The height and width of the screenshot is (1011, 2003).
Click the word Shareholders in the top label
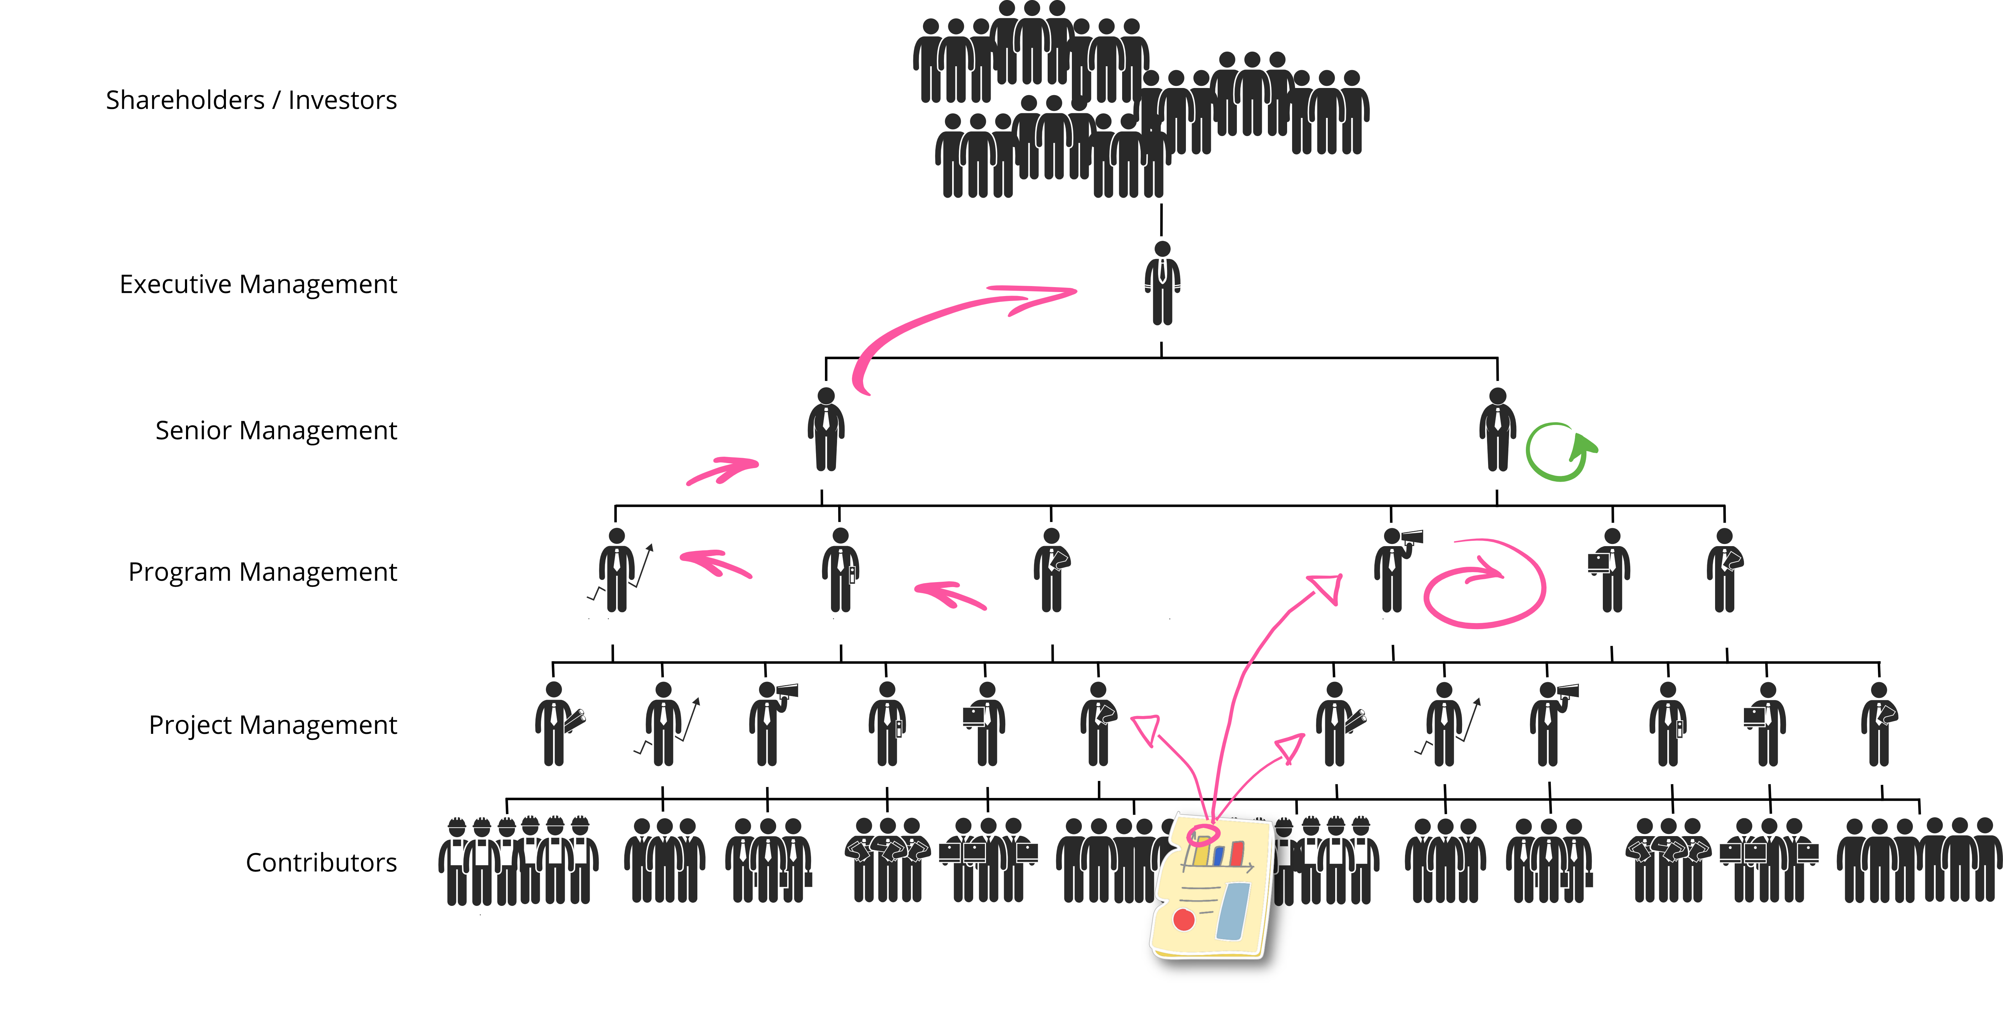(185, 100)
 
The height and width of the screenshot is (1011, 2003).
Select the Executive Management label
(258, 284)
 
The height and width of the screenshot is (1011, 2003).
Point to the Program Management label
(263, 572)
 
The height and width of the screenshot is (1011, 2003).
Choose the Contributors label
(321, 862)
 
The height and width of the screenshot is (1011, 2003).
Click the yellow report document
(1212, 886)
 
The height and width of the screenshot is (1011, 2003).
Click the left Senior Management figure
(826, 430)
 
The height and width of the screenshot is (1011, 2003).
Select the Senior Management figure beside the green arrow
(1498, 430)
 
